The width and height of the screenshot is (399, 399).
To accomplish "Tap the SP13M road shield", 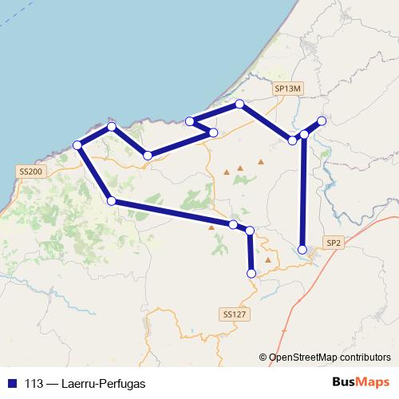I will (288, 91).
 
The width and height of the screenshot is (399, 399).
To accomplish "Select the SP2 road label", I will (333, 242).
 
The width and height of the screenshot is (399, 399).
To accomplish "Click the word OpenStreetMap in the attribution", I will (304, 358).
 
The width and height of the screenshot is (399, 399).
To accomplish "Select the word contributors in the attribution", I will (365, 358).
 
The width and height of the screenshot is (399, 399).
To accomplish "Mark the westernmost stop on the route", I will (77, 145).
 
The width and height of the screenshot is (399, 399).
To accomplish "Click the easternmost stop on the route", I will (322, 121).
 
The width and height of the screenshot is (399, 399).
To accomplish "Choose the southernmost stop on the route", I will (251, 273).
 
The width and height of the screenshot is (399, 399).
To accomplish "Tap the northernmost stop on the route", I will (239, 105).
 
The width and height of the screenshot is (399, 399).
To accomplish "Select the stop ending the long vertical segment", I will (302, 250).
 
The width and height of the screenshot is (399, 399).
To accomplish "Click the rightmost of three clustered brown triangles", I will (260, 163).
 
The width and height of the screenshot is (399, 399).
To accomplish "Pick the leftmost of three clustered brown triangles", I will (227, 171).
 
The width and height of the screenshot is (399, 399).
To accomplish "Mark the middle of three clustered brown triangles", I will (239, 168).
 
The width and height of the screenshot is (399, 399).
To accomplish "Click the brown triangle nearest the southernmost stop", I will (268, 260).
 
